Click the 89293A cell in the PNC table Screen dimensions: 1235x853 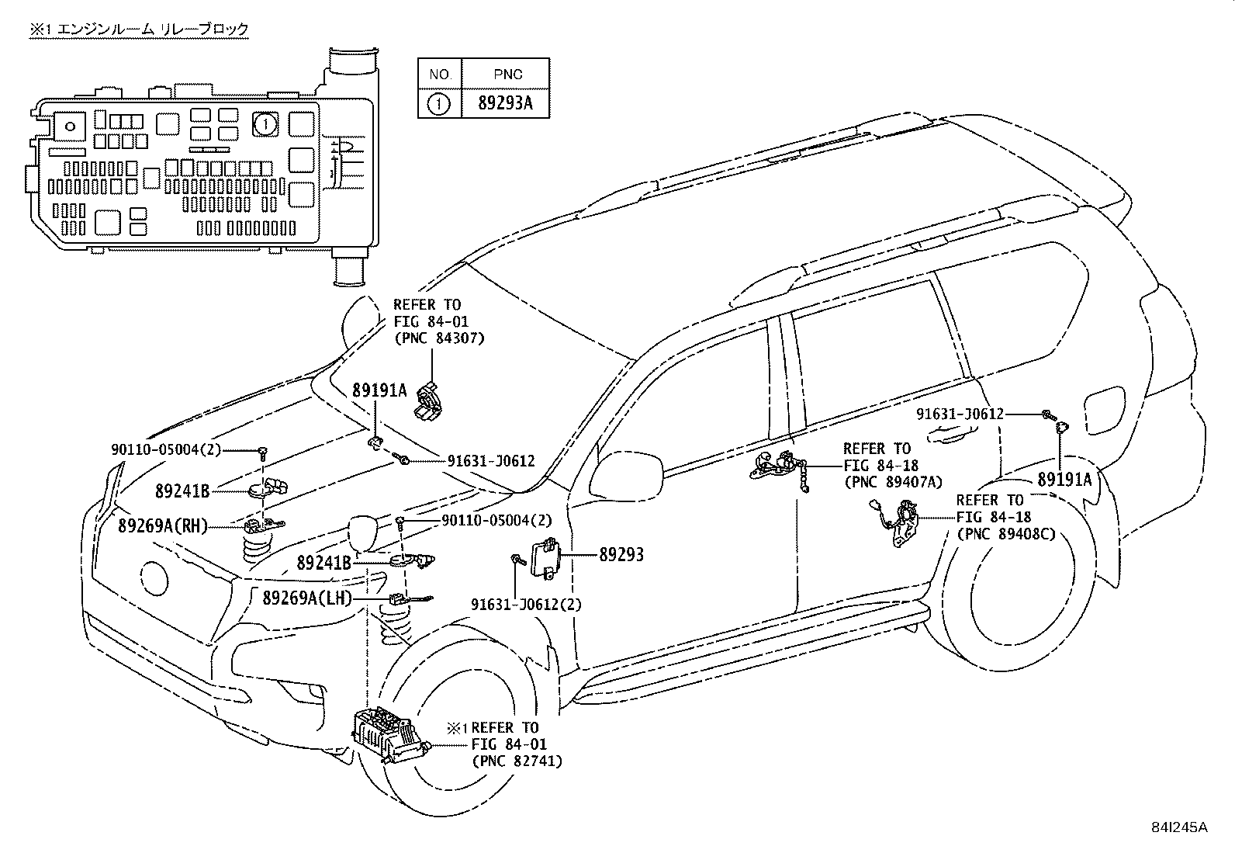pyautogui.click(x=505, y=104)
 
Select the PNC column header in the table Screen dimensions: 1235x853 pyautogui.click(x=507, y=75)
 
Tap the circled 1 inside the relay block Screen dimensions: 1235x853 pyautogui.click(x=265, y=124)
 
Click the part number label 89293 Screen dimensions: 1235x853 pyautogui.click(x=621, y=554)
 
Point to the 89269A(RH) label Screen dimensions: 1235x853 pyautogui.click(x=163, y=526)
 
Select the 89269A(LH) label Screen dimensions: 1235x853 pyautogui.click(x=307, y=598)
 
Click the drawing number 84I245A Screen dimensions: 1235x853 pyautogui.click(x=1181, y=827)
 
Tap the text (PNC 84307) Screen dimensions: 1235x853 pyautogui.click(x=439, y=338)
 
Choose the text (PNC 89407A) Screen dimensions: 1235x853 pyautogui.click(x=893, y=482)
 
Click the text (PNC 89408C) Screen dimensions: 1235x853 pyautogui.click(x=1006, y=534)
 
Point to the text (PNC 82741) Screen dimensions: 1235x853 pyautogui.click(x=517, y=761)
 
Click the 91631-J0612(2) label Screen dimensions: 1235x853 pyautogui.click(x=526, y=605)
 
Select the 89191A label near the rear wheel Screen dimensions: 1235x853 pyautogui.click(x=1064, y=480)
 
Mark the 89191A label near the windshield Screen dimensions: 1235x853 pyautogui.click(x=379, y=390)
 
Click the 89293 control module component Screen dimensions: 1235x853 pyautogui.click(x=545, y=558)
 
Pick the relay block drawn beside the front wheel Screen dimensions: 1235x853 pyautogui.click(x=389, y=736)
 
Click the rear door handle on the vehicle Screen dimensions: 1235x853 pyautogui.click(x=951, y=435)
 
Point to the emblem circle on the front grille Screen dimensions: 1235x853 pyautogui.click(x=154, y=577)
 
